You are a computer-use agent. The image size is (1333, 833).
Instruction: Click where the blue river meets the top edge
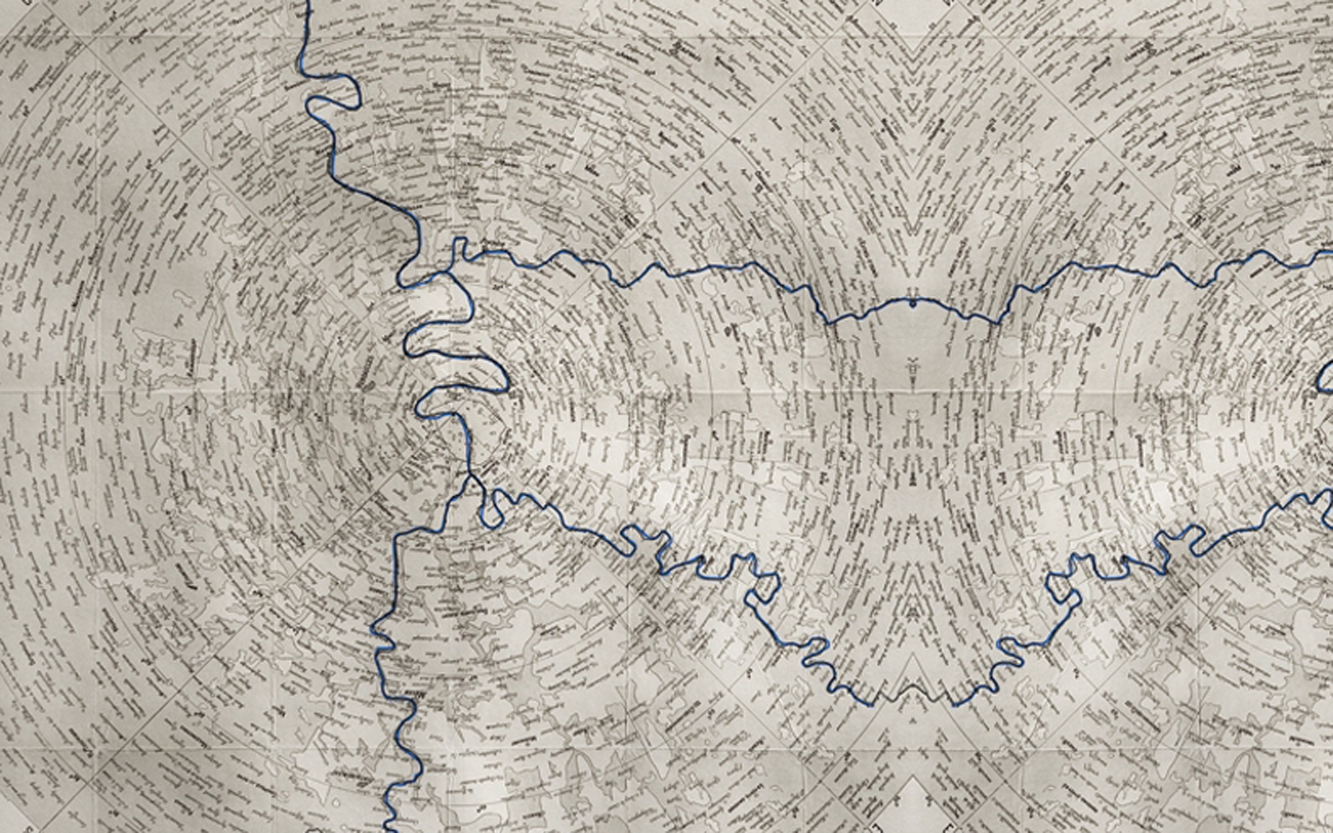308,2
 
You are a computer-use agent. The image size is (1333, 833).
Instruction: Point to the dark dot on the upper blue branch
912,304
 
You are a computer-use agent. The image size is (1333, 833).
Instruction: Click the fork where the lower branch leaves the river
471,474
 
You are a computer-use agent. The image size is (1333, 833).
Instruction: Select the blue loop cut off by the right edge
1326,380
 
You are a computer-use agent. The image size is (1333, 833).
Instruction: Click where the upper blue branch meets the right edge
1330,252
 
